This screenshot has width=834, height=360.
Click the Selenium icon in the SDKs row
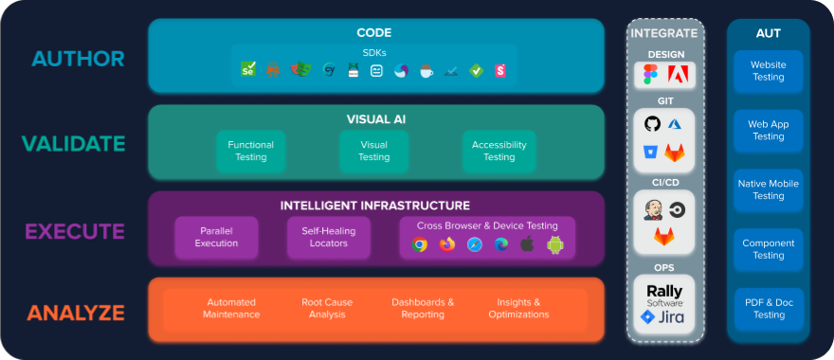click(248, 69)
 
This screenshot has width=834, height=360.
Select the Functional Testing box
click(251, 151)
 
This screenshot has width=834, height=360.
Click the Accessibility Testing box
click(499, 151)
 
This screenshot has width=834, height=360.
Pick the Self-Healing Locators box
click(329, 237)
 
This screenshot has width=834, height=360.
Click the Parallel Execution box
click(216, 237)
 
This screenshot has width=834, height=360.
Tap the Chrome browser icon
click(420, 244)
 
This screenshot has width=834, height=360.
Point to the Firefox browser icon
click(447, 244)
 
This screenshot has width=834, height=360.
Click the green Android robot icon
click(555, 244)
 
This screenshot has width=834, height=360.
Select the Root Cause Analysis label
click(327, 308)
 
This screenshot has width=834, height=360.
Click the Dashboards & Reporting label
click(423, 308)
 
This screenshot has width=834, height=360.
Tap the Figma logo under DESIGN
click(651, 75)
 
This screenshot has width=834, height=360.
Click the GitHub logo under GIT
click(652, 125)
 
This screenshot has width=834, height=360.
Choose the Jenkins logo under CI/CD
click(652, 208)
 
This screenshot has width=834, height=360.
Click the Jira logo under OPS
click(663, 317)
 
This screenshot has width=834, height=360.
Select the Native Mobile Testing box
click(769, 189)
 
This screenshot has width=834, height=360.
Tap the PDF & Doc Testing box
click(769, 309)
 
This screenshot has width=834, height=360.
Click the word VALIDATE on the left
click(74, 144)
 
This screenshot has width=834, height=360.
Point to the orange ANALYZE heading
click(76, 313)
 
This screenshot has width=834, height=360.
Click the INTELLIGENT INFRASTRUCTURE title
click(374, 206)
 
